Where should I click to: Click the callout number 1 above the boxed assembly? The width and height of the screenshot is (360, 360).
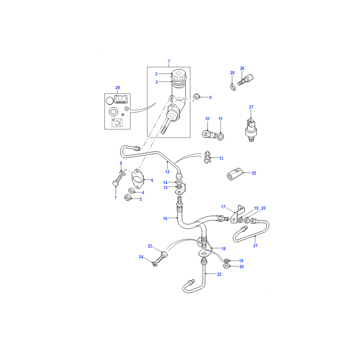(x=169, y=61)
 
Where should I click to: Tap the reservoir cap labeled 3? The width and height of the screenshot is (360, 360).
(x=179, y=75)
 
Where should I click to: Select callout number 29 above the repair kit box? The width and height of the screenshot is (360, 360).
(x=117, y=88)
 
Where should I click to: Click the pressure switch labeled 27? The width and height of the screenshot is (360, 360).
(x=251, y=130)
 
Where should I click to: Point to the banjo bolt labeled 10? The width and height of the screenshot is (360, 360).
(x=208, y=134)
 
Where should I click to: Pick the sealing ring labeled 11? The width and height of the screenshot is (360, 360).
(x=220, y=137)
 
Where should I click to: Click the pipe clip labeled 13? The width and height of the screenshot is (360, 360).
(x=207, y=157)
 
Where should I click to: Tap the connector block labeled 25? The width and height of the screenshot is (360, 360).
(x=234, y=174)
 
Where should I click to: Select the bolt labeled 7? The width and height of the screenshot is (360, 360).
(x=117, y=181)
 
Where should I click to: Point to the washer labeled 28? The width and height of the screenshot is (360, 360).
(x=233, y=87)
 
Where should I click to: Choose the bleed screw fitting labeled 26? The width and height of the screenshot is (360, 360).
(x=246, y=80)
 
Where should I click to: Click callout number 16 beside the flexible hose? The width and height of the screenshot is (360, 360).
(x=165, y=219)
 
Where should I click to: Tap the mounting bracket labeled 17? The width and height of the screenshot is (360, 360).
(x=237, y=214)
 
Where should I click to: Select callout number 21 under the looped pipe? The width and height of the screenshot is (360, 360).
(x=255, y=245)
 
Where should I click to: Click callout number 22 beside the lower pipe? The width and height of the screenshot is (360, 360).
(x=219, y=274)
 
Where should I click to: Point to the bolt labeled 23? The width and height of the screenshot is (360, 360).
(x=162, y=257)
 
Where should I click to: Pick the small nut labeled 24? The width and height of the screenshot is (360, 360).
(x=155, y=264)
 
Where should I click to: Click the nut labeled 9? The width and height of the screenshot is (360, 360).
(x=196, y=97)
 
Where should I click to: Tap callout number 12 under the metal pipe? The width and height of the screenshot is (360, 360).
(x=167, y=172)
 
